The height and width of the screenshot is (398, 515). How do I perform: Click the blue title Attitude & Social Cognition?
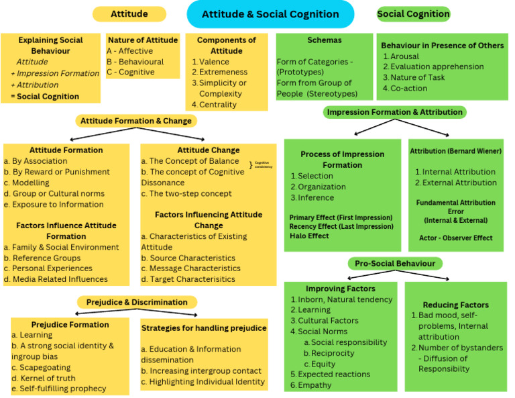point(270,14)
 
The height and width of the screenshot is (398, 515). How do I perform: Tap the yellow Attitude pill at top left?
point(129,14)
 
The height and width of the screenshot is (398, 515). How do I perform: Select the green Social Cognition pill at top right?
point(413,14)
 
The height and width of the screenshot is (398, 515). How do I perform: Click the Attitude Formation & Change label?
point(136,121)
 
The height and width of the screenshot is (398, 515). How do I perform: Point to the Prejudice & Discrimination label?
point(137,302)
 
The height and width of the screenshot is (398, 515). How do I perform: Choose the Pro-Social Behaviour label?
point(396,264)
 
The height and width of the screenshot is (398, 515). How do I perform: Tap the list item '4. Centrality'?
point(214,104)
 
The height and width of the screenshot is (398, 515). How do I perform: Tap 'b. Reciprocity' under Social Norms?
point(329,353)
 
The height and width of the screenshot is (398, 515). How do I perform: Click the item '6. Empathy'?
point(310,385)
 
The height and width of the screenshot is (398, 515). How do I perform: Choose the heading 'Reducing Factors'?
point(455,305)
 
